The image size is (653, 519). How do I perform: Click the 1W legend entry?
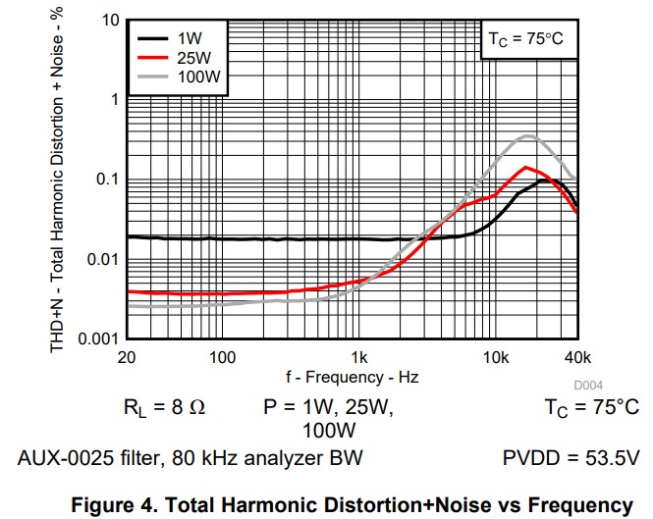pos(188,38)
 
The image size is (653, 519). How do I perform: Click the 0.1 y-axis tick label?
pos(104,180)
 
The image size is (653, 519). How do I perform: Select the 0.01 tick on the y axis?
pos(100,260)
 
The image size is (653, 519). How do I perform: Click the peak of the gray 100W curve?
pos(529,135)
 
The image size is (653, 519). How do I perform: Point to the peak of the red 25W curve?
pos(527,168)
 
